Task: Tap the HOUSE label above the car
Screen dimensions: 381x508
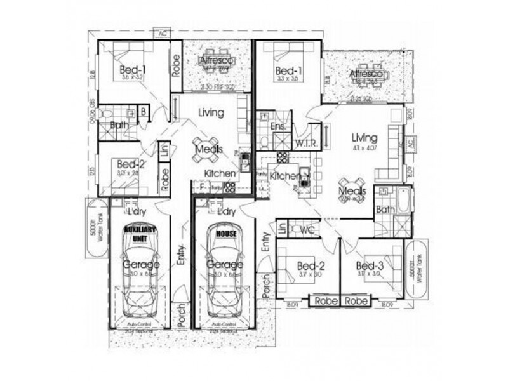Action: coord(227,233)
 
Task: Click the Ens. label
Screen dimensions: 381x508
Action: coord(277,127)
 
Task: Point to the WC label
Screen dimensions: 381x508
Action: coord(308,228)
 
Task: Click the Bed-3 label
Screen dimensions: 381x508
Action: coord(368,265)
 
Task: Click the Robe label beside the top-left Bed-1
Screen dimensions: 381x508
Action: coord(175,65)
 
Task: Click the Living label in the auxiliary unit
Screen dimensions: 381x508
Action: coord(211,113)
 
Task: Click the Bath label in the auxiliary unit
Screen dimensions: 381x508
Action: coord(119,125)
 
